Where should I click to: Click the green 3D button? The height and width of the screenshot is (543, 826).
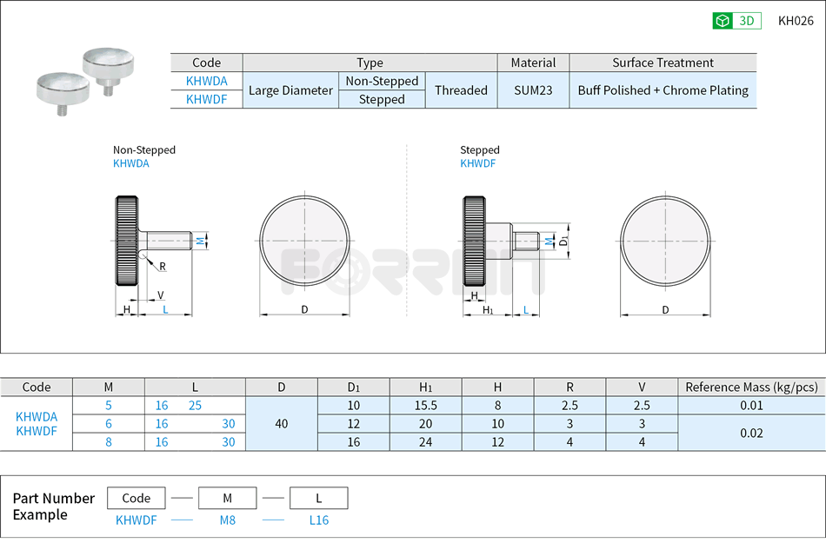(736, 21)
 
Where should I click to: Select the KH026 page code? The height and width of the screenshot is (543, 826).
(796, 21)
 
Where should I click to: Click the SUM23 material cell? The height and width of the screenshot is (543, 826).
(533, 90)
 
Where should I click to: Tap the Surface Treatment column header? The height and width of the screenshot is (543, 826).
(663, 63)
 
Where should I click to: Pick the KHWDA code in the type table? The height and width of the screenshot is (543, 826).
(206, 81)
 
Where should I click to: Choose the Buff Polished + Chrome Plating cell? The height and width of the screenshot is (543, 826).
(663, 90)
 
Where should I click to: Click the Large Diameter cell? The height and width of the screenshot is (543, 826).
(290, 90)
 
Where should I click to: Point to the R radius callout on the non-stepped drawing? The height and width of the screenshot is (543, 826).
(163, 267)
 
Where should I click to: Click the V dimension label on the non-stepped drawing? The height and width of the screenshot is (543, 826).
(161, 295)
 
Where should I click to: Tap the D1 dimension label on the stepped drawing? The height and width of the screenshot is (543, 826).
(564, 240)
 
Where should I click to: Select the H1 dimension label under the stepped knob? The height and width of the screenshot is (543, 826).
(488, 310)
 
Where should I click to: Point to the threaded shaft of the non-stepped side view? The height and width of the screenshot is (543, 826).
(170, 240)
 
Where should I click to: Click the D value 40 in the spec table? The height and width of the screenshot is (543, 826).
(282, 424)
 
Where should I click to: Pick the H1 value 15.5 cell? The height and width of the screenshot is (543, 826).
(426, 405)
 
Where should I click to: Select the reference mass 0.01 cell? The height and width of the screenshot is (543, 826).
(751, 405)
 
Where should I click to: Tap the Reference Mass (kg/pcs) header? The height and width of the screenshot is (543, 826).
(751, 387)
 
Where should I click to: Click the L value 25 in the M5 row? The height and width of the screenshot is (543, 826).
(195, 405)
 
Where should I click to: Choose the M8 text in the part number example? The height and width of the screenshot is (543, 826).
(227, 520)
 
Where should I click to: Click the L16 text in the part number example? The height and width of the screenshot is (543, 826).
(319, 520)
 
